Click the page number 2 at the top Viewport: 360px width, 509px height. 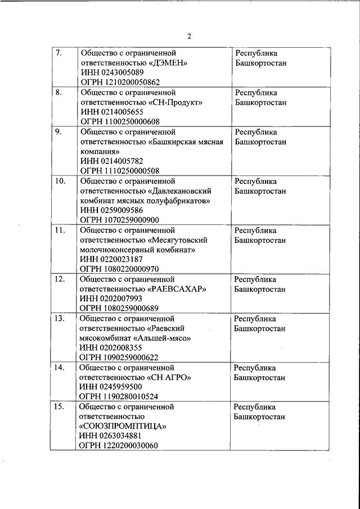pyautogui.click(x=189, y=37)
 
